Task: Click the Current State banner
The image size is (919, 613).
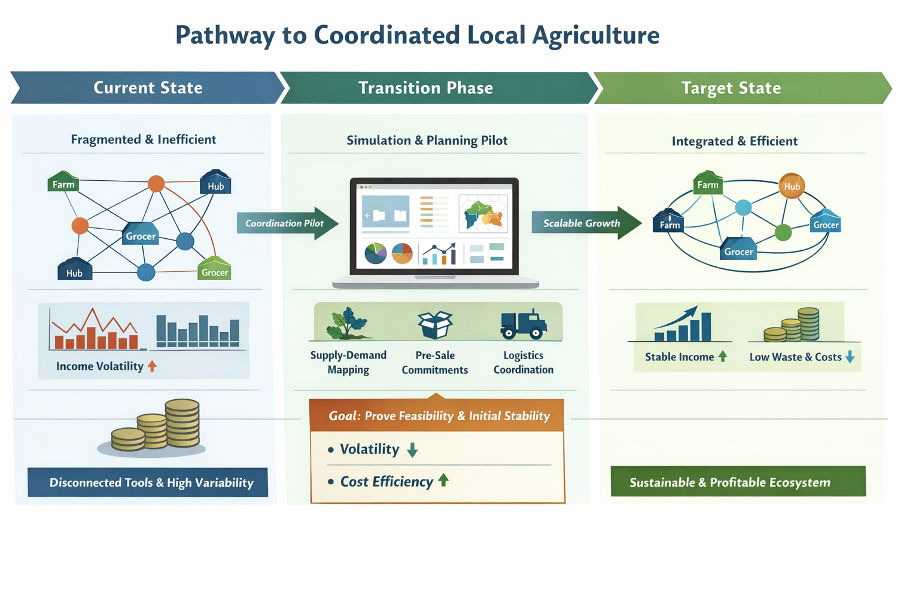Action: [x=148, y=88]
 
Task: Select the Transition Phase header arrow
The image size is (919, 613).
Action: [x=426, y=88]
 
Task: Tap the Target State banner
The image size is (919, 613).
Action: [x=731, y=89]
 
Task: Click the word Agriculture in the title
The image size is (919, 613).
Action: [x=596, y=35]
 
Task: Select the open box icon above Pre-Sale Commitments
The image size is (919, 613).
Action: [x=435, y=324]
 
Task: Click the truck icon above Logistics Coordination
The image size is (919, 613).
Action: [x=524, y=324]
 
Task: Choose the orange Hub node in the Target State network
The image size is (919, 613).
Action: [x=792, y=186]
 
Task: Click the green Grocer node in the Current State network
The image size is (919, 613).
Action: [x=214, y=269]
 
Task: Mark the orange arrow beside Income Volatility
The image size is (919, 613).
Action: [x=152, y=366]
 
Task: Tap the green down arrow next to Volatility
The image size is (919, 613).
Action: [x=412, y=450]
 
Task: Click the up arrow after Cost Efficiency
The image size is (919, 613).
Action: [x=443, y=480]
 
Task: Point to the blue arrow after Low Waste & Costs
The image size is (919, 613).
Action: [x=850, y=357]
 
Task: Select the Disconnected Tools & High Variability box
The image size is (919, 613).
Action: [x=148, y=482]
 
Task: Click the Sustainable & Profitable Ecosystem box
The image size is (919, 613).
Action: [x=738, y=482]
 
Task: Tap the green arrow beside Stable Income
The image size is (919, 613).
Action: [x=723, y=356]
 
